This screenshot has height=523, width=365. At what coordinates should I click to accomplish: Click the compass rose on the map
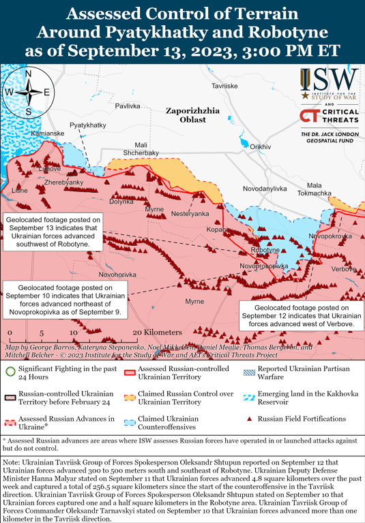[x=28, y=93]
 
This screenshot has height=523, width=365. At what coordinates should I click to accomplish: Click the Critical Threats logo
[x=329, y=116]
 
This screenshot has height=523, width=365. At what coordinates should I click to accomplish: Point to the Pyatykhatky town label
[x=88, y=125]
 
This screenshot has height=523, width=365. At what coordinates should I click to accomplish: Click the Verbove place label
[x=343, y=269]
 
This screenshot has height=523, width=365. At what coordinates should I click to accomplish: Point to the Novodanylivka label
[x=265, y=188]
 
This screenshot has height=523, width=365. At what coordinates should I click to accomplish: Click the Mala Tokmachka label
[x=319, y=189]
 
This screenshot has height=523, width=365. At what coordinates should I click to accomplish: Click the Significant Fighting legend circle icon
[x=10, y=371]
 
